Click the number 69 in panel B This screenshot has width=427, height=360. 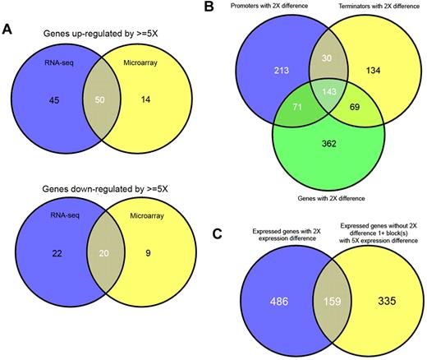[351, 130]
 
